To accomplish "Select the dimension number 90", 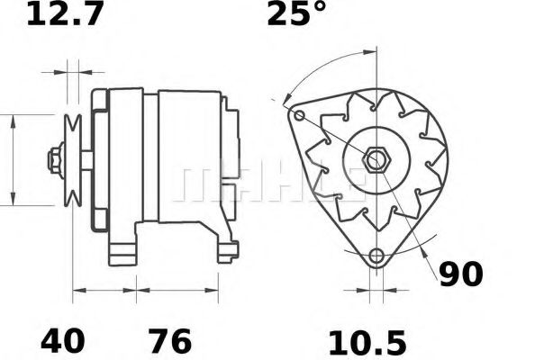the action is (461, 274).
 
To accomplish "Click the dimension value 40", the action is (62, 340).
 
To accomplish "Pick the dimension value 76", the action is (170, 340).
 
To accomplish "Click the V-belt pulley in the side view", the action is (73, 160).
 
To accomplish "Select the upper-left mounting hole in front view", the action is (299, 115).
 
